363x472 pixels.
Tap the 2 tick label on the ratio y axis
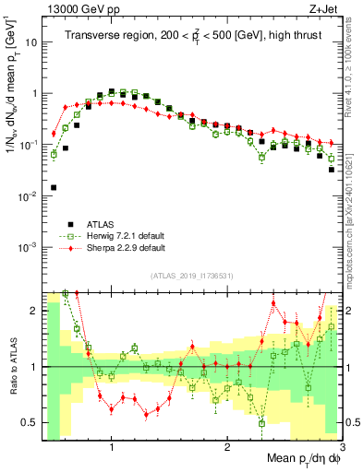33,311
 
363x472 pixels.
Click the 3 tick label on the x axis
341,446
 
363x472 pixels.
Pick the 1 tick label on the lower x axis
111,446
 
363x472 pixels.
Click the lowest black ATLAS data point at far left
54,187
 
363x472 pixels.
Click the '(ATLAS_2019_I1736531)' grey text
191,277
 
